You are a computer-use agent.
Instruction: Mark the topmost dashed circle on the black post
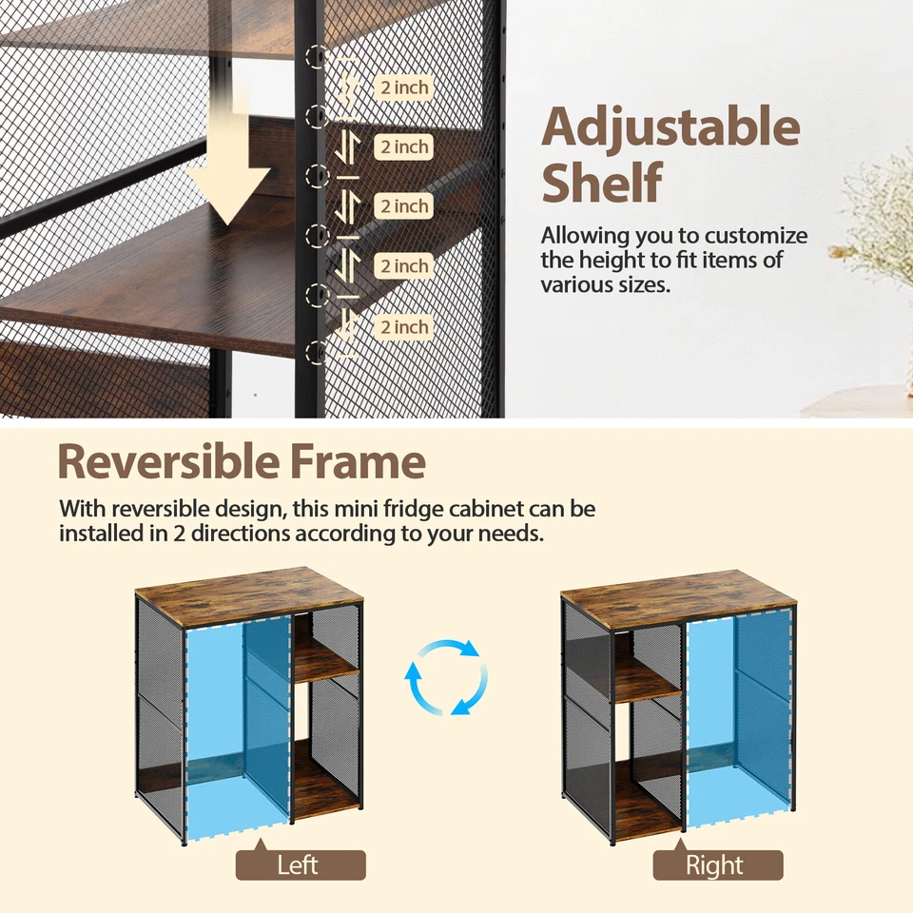click(x=317, y=57)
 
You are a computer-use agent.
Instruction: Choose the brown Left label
click(x=301, y=865)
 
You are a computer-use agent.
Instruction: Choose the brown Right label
click(x=717, y=865)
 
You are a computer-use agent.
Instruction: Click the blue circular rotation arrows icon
click(x=446, y=678)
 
